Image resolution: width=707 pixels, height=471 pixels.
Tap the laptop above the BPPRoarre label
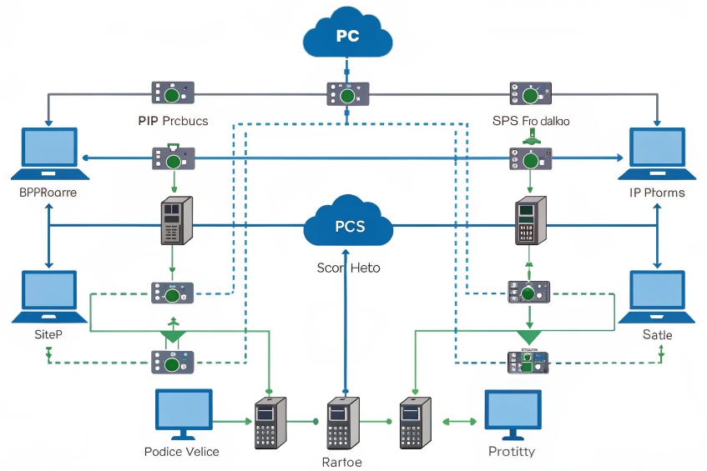tap(49, 153)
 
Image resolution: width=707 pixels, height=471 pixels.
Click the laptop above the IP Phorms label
tap(657, 153)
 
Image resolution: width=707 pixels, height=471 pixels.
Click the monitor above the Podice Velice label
tap(184, 413)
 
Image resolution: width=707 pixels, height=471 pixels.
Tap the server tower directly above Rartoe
tap(342, 423)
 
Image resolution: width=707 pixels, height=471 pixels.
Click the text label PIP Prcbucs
tap(173, 120)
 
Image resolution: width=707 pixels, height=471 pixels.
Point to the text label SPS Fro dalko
tap(531, 120)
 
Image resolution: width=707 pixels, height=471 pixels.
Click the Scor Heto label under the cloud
tap(348, 268)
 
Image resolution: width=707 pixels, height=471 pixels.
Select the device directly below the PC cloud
tap(347, 93)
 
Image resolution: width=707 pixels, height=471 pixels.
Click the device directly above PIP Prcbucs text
tap(173, 92)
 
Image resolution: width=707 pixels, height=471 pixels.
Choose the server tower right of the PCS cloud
tap(529, 220)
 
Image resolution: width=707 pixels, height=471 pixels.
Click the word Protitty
tap(512, 451)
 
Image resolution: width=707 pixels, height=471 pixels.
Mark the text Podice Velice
tap(181, 451)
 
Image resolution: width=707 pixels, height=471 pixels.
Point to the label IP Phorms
tap(657, 193)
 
